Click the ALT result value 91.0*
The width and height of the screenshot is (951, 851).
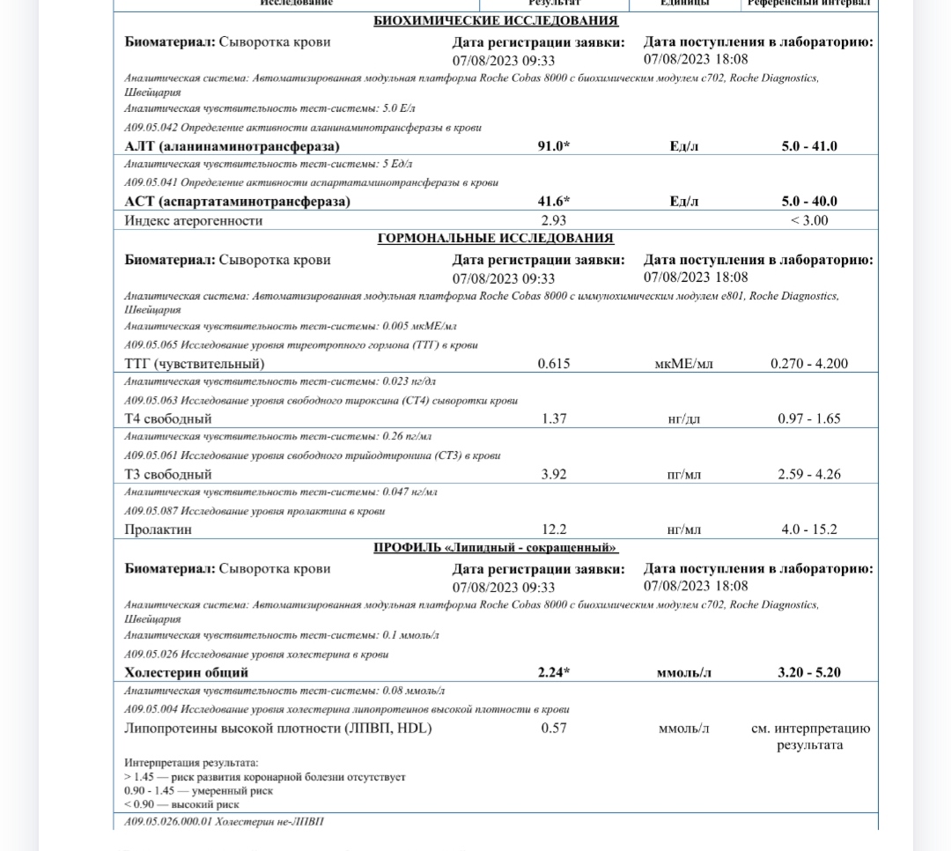554,146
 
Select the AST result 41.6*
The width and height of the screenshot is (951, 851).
554,202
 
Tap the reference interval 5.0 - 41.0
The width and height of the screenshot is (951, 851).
809,146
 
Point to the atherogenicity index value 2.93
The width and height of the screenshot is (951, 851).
553,220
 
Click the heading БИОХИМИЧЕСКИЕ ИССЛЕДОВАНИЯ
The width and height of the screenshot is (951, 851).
496,21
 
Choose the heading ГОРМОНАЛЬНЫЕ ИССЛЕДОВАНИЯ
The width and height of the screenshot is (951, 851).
496,239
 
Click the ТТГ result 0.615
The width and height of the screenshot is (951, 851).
554,363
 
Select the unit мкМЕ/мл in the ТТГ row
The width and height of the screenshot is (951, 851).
684,363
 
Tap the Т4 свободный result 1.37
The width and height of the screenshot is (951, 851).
554,418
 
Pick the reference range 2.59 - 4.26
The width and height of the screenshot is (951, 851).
809,474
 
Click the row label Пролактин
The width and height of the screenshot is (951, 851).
158,529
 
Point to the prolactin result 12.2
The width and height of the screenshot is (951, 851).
554,529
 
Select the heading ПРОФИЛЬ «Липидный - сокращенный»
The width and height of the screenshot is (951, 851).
496,548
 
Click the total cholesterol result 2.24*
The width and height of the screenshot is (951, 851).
554,672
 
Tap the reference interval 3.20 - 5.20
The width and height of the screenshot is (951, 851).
809,672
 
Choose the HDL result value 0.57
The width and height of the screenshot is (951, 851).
554,728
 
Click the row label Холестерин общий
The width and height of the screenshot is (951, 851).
187,672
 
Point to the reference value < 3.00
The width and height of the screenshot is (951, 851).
809,220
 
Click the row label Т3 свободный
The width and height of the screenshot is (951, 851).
168,474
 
